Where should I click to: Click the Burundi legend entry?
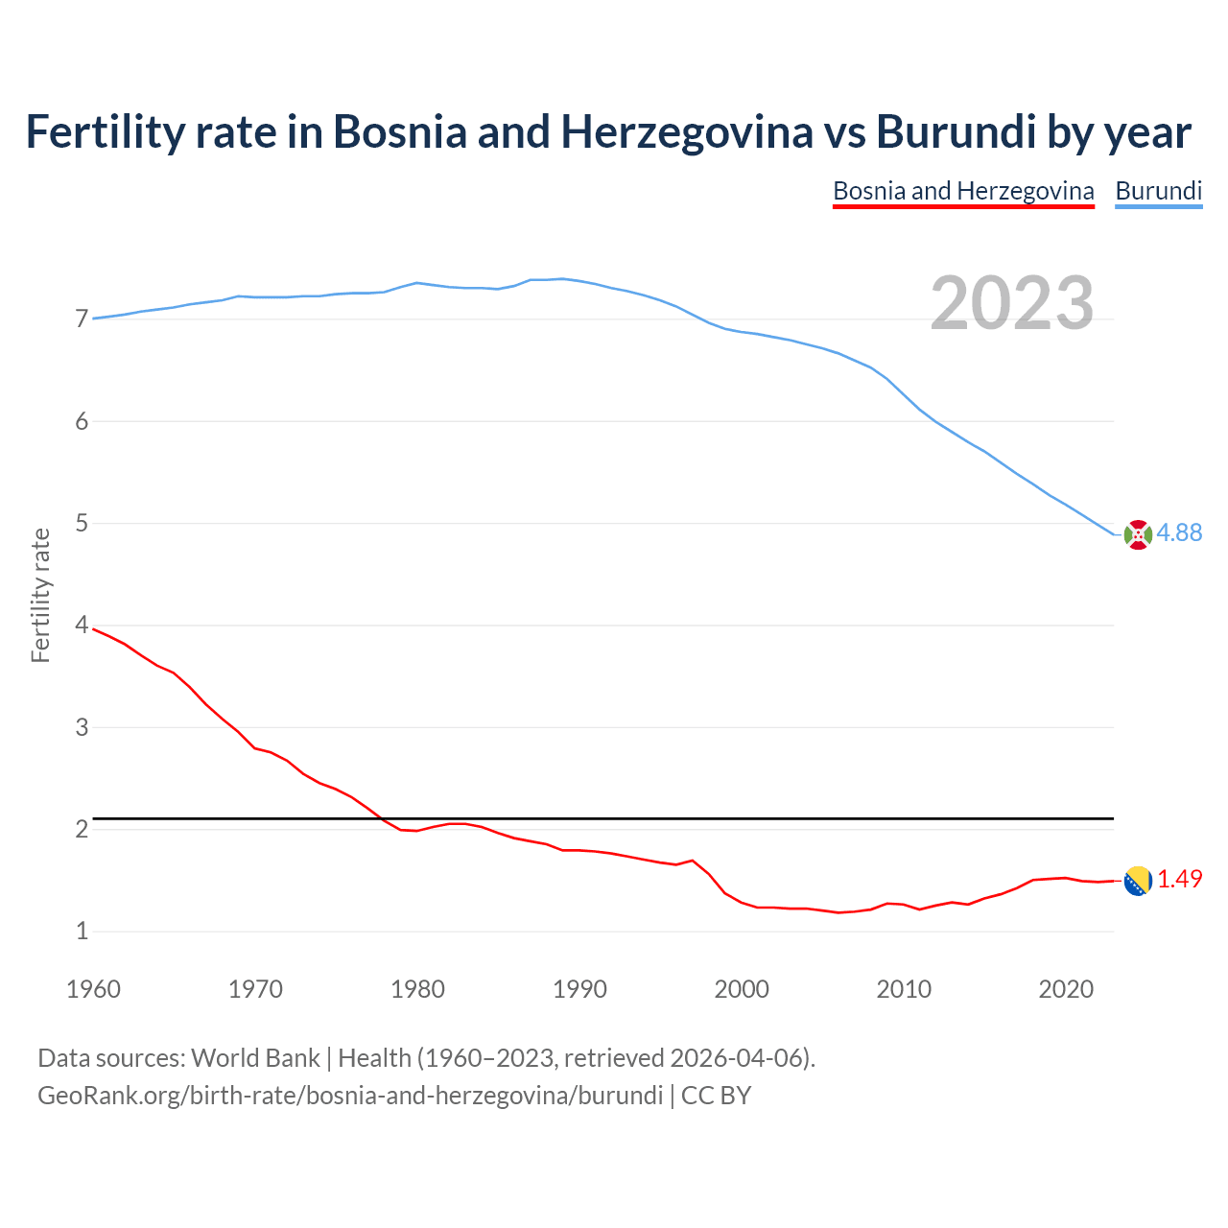click(x=1158, y=191)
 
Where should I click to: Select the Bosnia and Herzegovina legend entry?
click(x=963, y=191)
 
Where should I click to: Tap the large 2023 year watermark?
click(x=1011, y=303)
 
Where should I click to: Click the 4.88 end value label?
click(x=1179, y=532)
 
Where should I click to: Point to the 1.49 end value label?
click(x=1179, y=879)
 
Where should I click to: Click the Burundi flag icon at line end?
click(x=1138, y=534)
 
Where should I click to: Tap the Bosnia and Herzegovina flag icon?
click(x=1138, y=880)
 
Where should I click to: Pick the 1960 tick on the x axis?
click(x=93, y=989)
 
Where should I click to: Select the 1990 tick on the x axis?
click(x=579, y=989)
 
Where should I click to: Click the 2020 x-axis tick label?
click(x=1066, y=989)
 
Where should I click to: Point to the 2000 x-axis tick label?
click(x=742, y=989)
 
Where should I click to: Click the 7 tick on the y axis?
click(x=82, y=319)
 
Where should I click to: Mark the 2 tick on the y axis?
click(x=82, y=829)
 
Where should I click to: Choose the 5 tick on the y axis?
click(x=82, y=523)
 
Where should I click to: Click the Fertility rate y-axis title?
click(x=40, y=595)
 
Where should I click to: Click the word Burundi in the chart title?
click(x=956, y=131)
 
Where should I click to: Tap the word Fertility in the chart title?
click(x=104, y=131)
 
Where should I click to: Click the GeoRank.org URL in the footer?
click(x=350, y=1095)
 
